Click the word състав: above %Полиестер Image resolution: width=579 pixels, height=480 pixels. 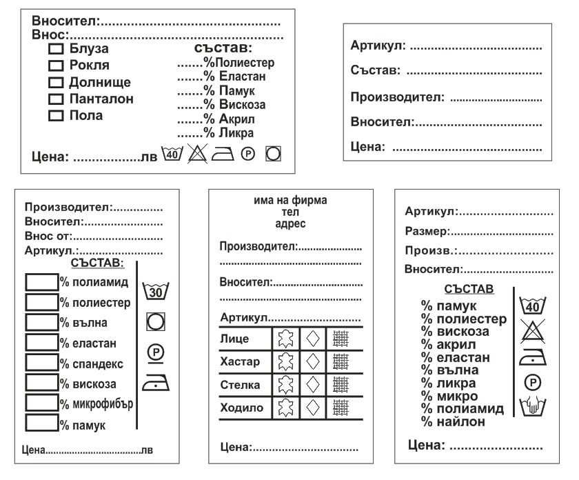point(224,49)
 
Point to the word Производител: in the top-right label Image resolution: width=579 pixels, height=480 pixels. point(397,98)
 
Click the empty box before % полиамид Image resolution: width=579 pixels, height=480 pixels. point(41,282)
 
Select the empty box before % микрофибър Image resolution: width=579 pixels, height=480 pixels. point(41,402)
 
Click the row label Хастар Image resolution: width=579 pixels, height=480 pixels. point(240,361)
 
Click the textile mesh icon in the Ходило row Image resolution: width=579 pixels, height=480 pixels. point(341,407)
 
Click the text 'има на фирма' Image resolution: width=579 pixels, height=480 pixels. point(290,201)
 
